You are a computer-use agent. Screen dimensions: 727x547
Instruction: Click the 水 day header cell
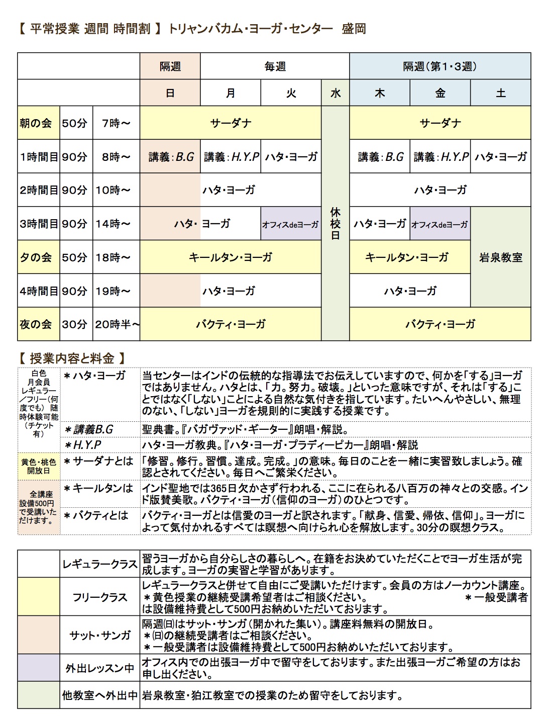point(335,93)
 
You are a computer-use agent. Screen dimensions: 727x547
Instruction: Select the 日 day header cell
point(170,93)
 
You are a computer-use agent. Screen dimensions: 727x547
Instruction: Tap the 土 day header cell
point(500,93)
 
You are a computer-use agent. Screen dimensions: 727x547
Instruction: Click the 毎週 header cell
point(275,66)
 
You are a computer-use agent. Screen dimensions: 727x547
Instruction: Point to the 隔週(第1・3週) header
point(440,66)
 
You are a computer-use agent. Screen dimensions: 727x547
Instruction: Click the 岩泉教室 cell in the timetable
point(500,257)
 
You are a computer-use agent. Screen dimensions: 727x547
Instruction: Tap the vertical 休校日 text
point(335,224)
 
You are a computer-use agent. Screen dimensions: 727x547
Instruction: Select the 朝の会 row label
point(36,123)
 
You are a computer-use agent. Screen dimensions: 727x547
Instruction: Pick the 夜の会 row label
point(36,324)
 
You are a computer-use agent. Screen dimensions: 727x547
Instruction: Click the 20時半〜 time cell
point(117,324)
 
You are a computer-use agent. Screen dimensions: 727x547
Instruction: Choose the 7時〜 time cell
point(116,123)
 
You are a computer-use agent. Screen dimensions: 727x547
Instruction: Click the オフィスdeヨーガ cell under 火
point(290,224)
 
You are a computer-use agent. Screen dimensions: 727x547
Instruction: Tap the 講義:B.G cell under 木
point(380,157)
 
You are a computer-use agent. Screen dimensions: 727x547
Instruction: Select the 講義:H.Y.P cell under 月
point(231,157)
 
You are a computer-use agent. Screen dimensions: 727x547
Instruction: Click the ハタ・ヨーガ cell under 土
point(500,157)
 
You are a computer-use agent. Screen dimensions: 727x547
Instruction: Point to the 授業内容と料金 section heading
point(72,358)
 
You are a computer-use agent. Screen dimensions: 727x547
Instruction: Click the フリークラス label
point(99,597)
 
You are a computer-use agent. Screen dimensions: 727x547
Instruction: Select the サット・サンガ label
point(99,635)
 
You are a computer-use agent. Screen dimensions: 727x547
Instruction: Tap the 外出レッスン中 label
point(99,668)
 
